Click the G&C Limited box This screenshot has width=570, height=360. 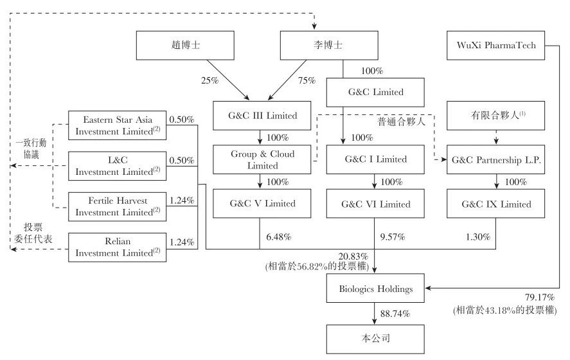pyautogui.click(x=375, y=91)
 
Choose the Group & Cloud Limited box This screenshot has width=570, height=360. pyautogui.click(x=263, y=159)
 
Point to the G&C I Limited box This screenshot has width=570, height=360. pyautogui.click(x=375, y=159)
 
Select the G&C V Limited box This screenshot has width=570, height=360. pyautogui.click(x=263, y=204)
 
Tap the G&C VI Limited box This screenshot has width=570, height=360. pyautogui.click(x=375, y=204)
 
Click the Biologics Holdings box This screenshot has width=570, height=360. pyautogui.click(x=375, y=289)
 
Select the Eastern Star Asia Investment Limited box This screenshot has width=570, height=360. pyautogui.click(x=117, y=125)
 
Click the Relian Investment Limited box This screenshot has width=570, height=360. pyautogui.click(x=117, y=247)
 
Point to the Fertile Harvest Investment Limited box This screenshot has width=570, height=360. pyautogui.click(x=117, y=206)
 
